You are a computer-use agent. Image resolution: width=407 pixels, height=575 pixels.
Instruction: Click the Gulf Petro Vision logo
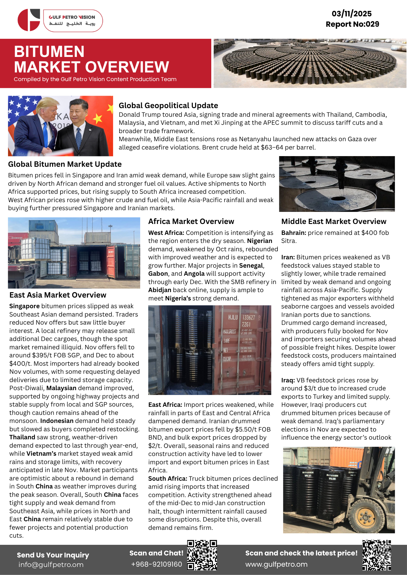click(x=60, y=20)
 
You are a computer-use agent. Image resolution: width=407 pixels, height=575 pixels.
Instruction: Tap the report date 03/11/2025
click(x=351, y=14)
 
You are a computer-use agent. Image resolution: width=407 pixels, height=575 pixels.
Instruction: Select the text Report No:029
click(x=352, y=24)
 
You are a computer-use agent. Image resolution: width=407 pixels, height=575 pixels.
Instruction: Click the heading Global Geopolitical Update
click(x=168, y=106)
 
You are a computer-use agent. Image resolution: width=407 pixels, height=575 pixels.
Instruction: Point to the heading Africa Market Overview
click(x=191, y=221)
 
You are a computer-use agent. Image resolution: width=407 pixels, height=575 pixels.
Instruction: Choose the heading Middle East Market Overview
click(x=334, y=221)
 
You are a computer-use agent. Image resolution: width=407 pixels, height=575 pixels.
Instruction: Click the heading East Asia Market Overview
click(x=58, y=295)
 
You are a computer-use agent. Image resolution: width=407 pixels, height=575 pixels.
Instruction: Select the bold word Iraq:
click(x=288, y=380)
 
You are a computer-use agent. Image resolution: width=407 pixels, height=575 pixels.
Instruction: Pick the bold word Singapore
click(x=24, y=306)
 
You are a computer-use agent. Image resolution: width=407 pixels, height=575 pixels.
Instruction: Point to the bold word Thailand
click(x=22, y=437)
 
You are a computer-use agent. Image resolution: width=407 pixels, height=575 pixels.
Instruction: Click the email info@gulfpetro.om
click(x=51, y=564)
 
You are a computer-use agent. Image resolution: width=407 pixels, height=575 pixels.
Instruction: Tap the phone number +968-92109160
click(x=156, y=564)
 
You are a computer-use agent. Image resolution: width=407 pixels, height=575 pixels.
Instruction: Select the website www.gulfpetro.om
click(x=276, y=564)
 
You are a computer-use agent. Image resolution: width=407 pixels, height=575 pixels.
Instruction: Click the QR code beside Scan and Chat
click(x=202, y=555)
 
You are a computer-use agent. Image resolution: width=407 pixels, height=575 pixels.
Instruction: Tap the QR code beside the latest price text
click(x=376, y=555)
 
